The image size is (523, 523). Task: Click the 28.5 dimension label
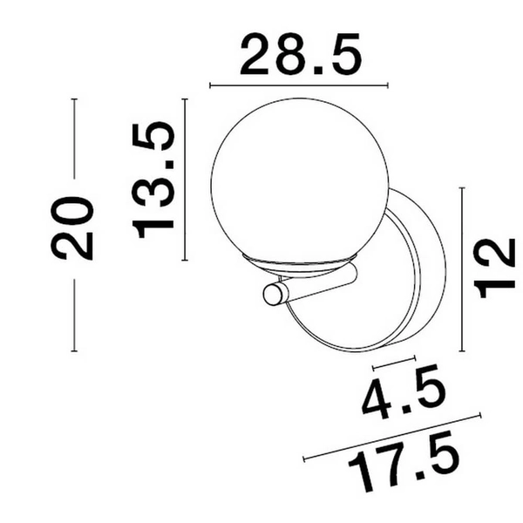pyautogui.click(x=301, y=54)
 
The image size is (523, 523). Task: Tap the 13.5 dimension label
pyautogui.click(x=153, y=180)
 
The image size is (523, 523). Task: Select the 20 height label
pyautogui.click(x=72, y=228)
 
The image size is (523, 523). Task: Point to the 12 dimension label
pyautogui.click(x=494, y=268)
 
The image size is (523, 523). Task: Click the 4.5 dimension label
pyautogui.click(x=404, y=392)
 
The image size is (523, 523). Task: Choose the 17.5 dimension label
pyautogui.click(x=404, y=462)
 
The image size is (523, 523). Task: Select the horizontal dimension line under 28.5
pyautogui.click(x=299, y=85)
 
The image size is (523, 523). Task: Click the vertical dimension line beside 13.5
pyautogui.click(x=185, y=180)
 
